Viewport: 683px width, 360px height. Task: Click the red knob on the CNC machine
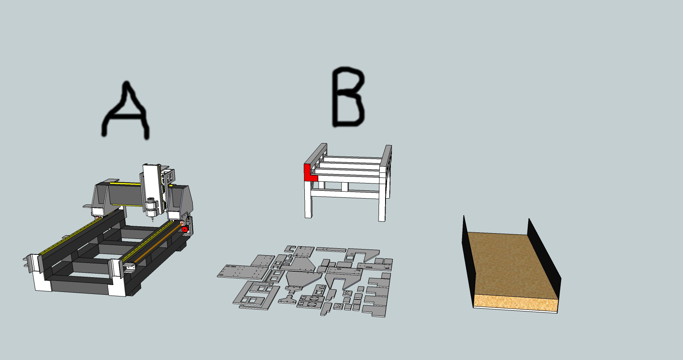click(x=185, y=229)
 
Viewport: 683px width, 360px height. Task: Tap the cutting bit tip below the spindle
click(x=152, y=220)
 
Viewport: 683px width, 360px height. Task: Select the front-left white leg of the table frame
click(x=308, y=199)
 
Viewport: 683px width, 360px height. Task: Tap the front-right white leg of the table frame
click(x=382, y=202)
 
